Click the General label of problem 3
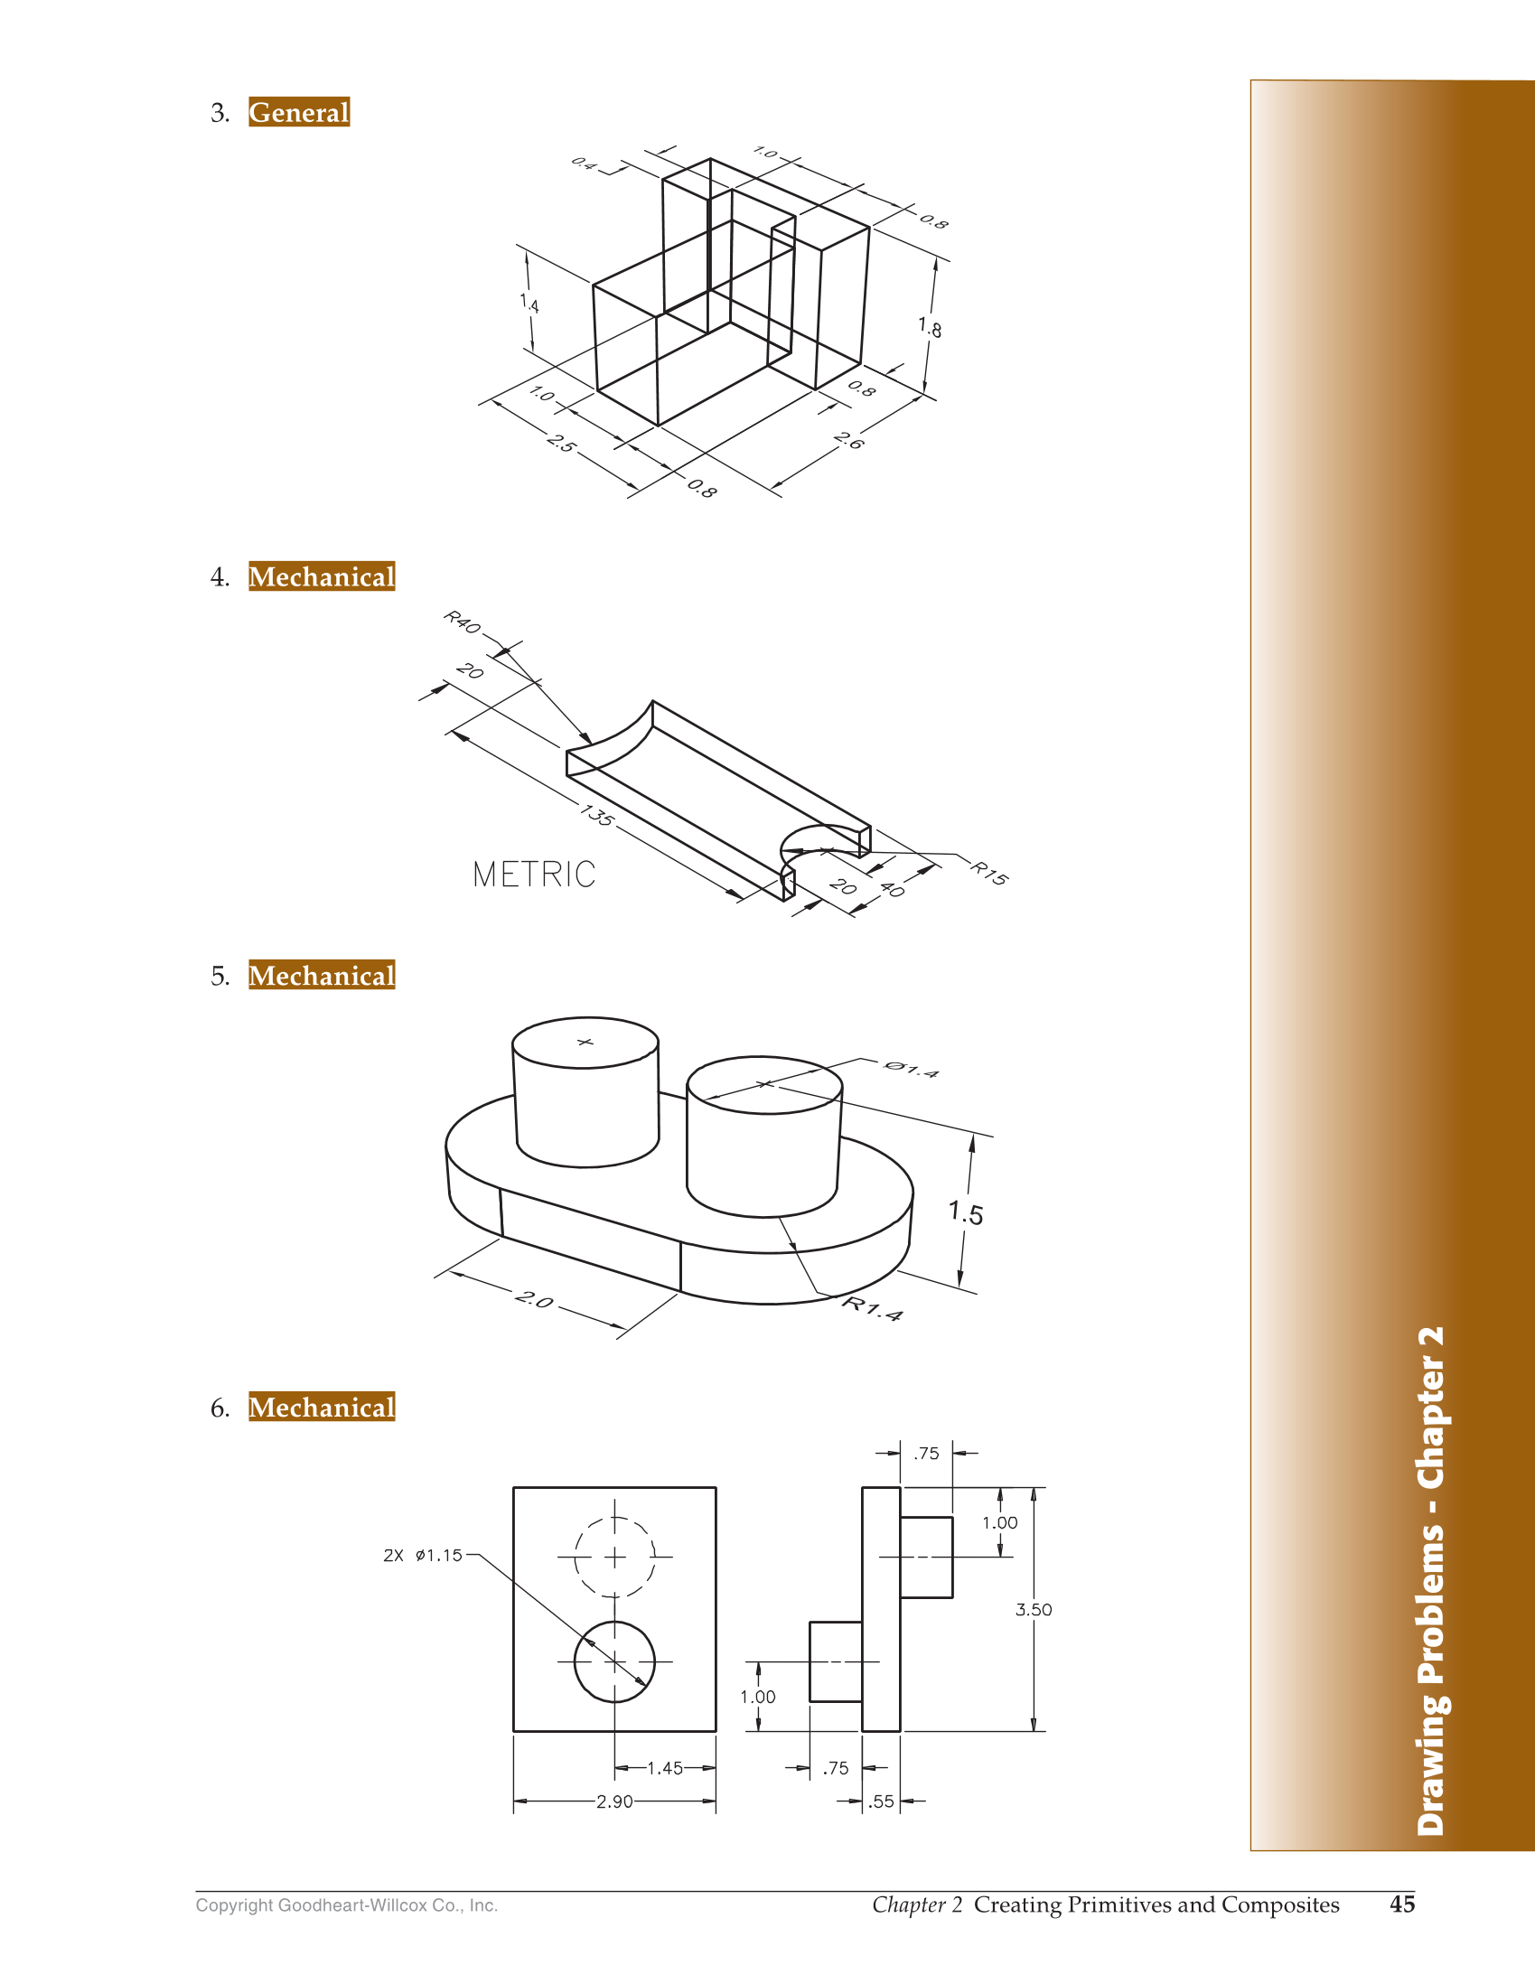(298, 112)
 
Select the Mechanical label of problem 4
(322, 576)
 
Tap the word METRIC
(534, 875)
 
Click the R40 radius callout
(462, 622)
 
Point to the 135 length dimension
(597, 815)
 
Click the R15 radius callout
(989, 874)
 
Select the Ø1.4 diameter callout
(911, 1070)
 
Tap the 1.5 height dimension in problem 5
(966, 1212)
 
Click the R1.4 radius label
(872, 1308)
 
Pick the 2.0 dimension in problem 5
(534, 1300)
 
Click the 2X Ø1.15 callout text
(423, 1556)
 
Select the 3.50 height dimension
(1034, 1610)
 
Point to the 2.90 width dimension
(614, 1801)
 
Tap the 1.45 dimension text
(665, 1768)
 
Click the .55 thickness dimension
(881, 1801)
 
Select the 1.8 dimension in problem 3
(930, 326)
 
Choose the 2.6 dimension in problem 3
(848, 441)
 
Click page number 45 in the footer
(1401, 1904)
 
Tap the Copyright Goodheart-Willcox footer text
(347, 1905)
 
